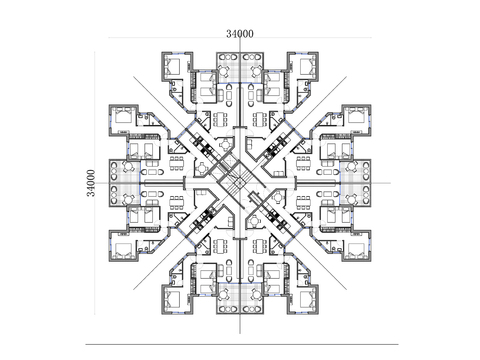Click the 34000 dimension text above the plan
click(x=240, y=34)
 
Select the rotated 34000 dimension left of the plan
click(x=91, y=183)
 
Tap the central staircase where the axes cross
click(x=240, y=183)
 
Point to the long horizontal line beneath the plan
click(x=242, y=344)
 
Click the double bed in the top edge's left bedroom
click(x=173, y=67)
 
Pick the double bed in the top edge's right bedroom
click(x=307, y=67)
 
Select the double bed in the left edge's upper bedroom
click(x=123, y=116)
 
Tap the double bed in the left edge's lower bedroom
click(x=123, y=250)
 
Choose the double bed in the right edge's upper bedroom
click(x=356, y=116)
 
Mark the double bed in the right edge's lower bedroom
click(x=356, y=250)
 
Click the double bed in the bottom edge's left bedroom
click(x=173, y=299)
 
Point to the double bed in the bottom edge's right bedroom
click(x=307, y=299)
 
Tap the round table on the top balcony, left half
click(x=223, y=71)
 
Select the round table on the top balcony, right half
click(x=256, y=71)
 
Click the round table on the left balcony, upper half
click(x=128, y=166)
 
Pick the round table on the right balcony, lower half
click(x=351, y=199)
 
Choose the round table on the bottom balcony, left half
click(x=223, y=295)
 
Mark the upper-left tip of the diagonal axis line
click(x=133, y=76)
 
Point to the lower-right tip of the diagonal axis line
click(x=347, y=290)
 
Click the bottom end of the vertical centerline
click(x=240, y=334)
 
